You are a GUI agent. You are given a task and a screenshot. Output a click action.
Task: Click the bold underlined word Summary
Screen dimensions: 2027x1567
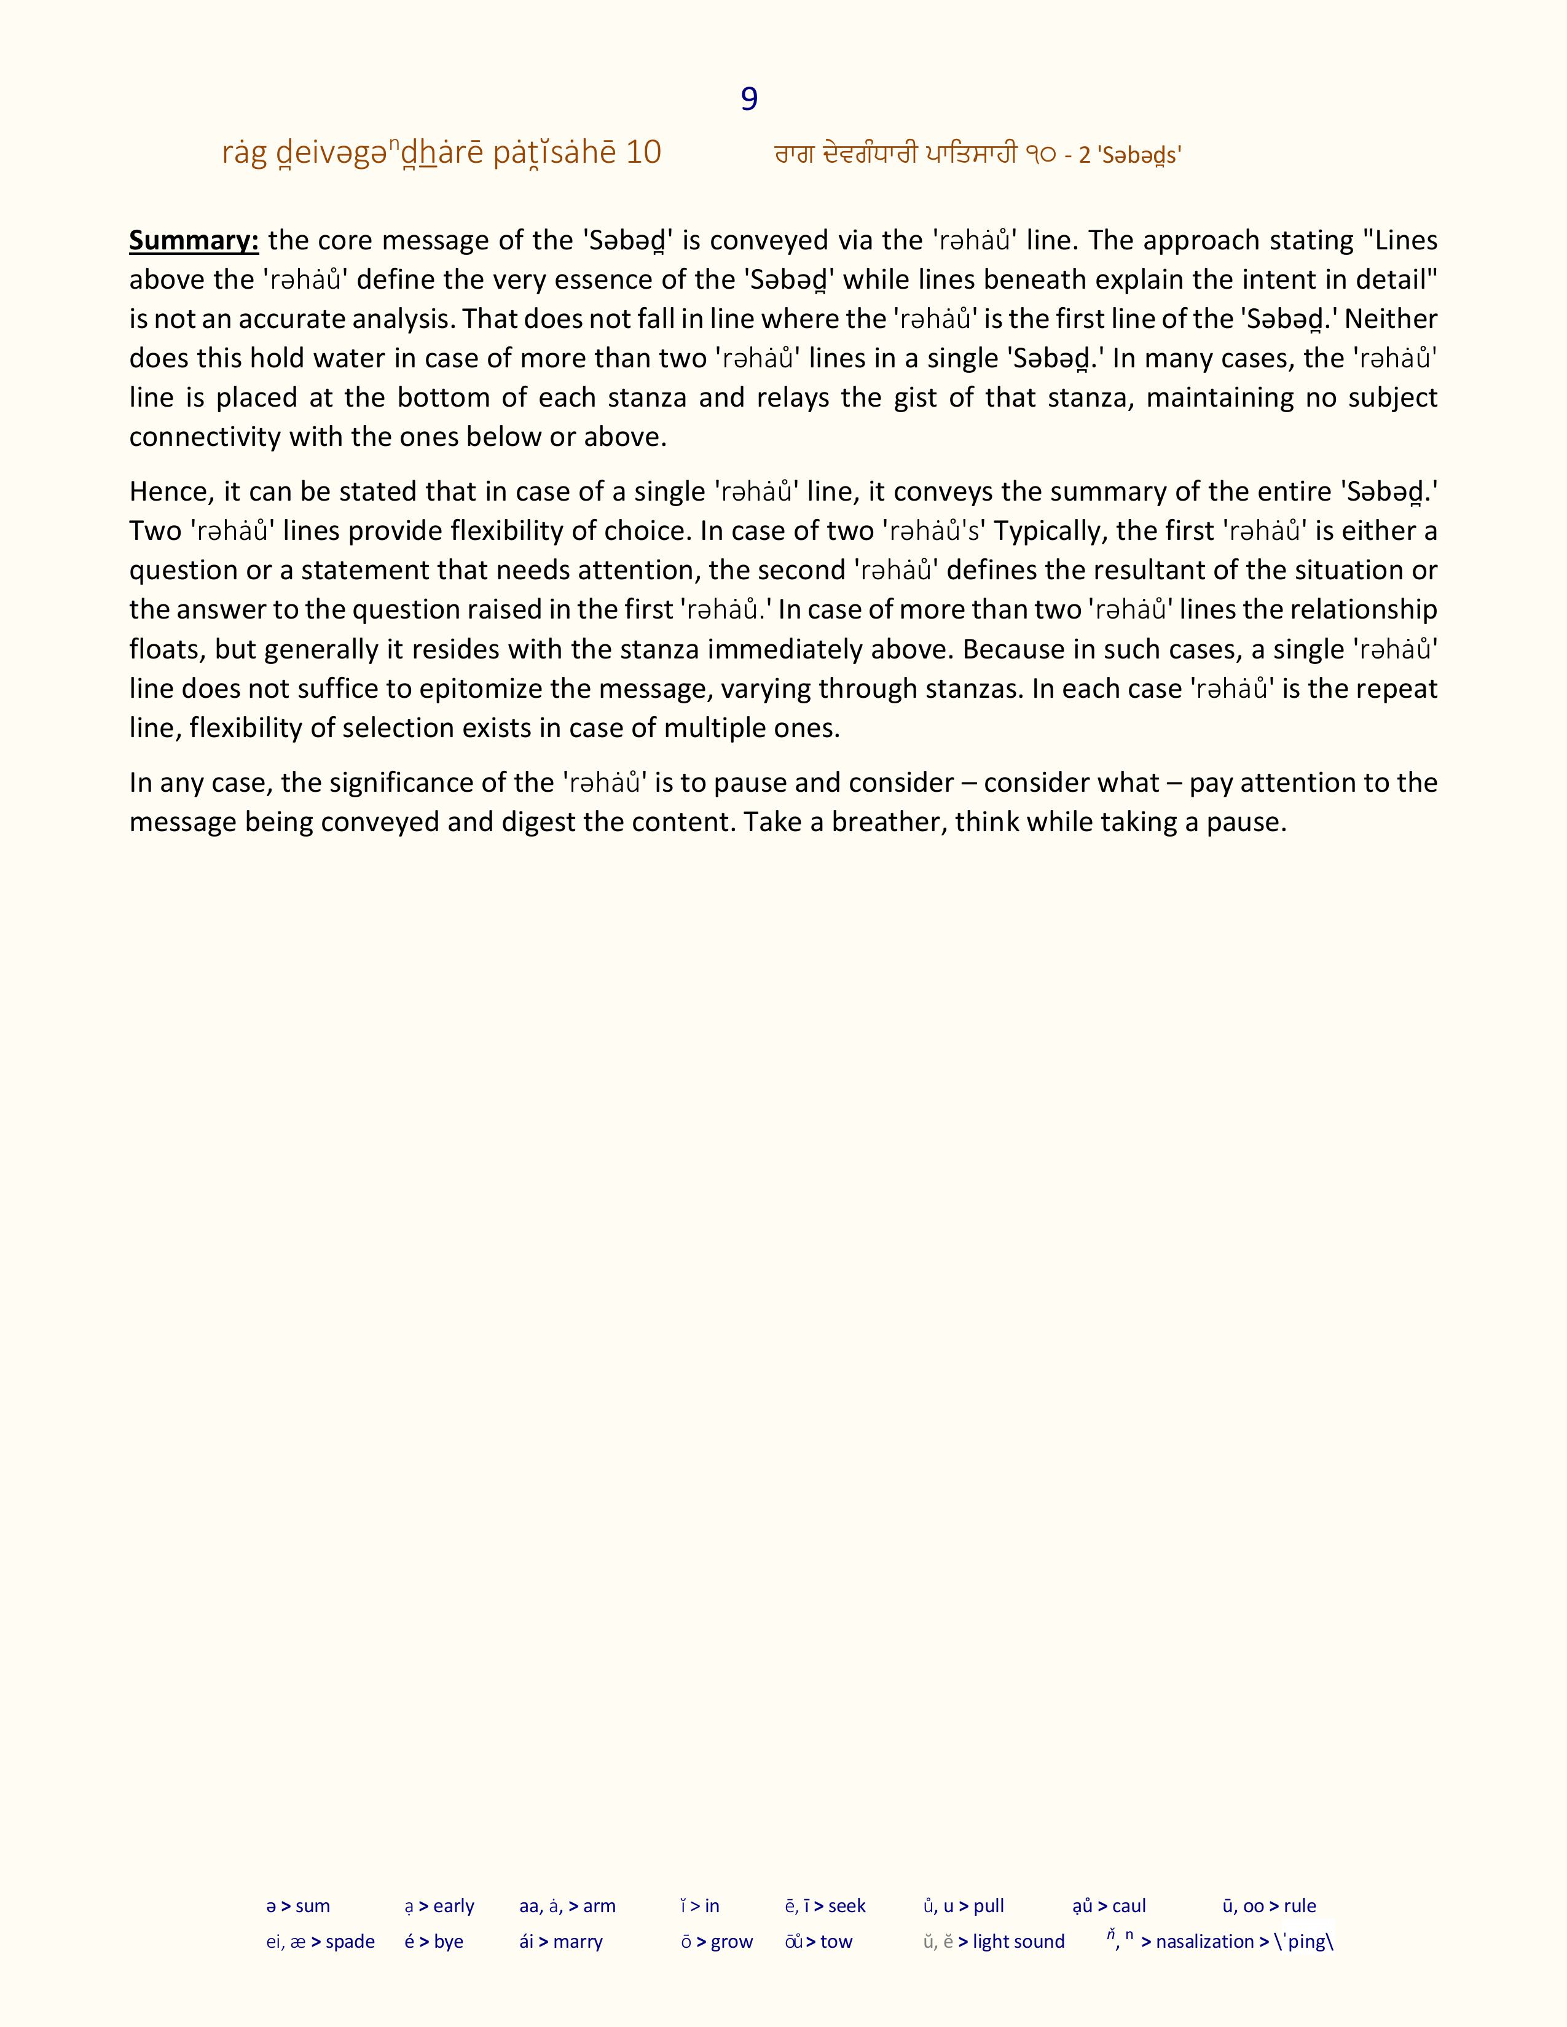193,240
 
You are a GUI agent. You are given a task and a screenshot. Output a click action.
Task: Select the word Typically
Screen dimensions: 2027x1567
1049,531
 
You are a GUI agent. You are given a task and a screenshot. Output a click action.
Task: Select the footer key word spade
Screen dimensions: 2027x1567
350,1942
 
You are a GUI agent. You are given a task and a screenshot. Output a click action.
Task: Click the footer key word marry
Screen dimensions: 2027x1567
578,1942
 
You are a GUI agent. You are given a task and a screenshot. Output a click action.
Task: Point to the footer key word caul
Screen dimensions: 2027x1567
1129,1905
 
